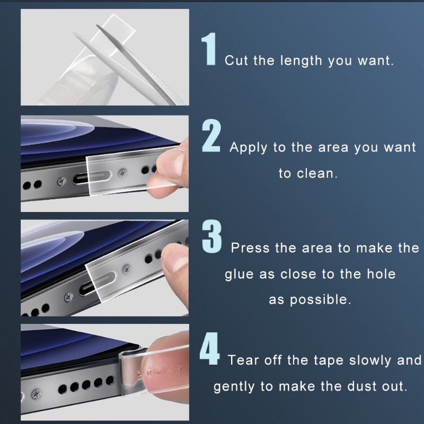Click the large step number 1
(x=209, y=49)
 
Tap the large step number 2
(x=211, y=135)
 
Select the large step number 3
(x=211, y=236)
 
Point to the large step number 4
(x=209, y=349)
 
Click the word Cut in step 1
(x=236, y=60)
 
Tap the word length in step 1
(x=301, y=60)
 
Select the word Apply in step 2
(x=248, y=148)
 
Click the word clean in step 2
(x=317, y=173)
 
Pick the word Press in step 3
(x=250, y=248)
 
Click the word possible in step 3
(x=321, y=300)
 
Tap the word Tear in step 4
(x=243, y=360)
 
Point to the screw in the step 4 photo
(x=37, y=394)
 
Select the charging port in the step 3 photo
(x=98, y=284)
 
